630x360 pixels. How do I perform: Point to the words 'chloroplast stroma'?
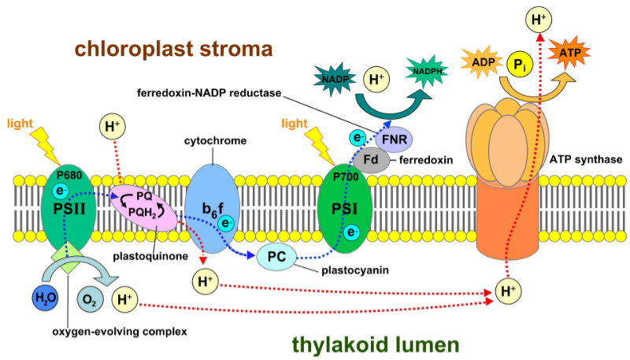174,49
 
